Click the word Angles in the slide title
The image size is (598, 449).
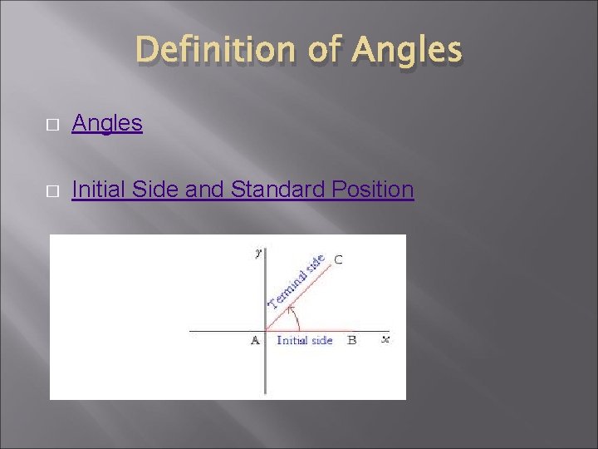406,51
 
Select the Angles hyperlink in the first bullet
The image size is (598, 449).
107,124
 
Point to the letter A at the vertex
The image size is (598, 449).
255,340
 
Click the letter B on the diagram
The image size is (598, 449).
351,340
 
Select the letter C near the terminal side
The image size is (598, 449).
338,259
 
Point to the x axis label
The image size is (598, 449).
385,339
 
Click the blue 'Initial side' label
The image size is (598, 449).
304,340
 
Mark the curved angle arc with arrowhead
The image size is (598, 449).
294,318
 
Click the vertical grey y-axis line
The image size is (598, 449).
265,366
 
